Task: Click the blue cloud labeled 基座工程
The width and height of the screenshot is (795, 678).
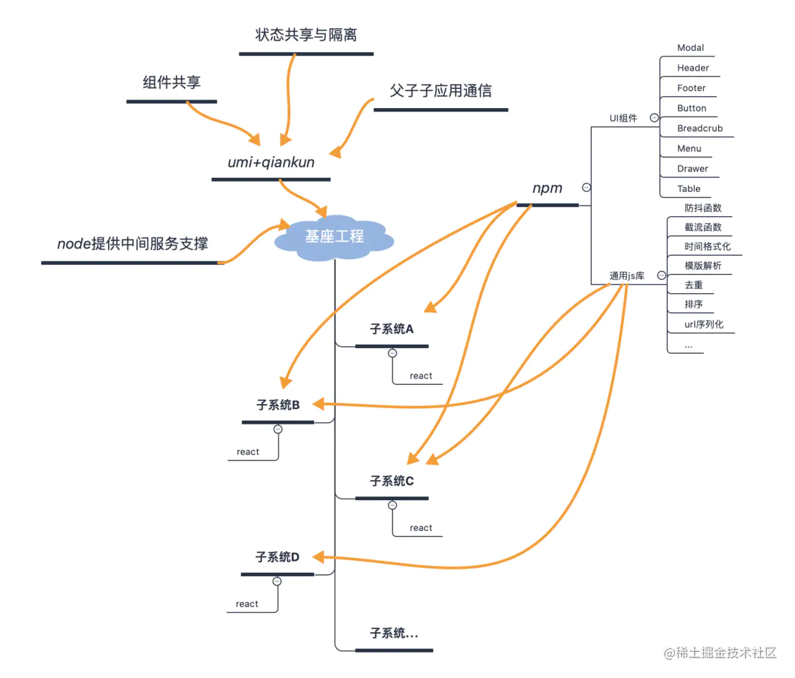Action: [334, 237]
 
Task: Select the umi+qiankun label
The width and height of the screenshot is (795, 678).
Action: [271, 162]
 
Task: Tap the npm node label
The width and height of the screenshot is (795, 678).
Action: [547, 189]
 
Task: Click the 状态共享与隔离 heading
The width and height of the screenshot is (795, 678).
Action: [306, 35]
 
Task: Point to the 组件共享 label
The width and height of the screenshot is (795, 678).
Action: [172, 82]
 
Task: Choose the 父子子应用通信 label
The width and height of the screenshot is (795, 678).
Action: [441, 91]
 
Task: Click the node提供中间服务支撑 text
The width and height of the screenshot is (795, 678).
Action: [132, 244]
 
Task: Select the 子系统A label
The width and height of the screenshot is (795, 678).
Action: [392, 329]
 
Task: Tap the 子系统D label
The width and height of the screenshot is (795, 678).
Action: [277, 557]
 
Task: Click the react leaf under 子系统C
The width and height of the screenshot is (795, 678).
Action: [421, 528]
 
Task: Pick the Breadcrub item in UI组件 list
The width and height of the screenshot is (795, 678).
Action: [700, 129]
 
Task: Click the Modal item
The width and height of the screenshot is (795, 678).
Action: [691, 47]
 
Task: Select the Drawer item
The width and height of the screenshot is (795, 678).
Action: [693, 169]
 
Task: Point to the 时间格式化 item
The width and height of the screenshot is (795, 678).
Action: [707, 246]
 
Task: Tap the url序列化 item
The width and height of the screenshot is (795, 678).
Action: [704, 325]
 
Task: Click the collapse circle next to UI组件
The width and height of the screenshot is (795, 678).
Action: [654, 118]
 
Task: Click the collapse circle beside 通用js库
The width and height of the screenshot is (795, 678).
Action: [661, 275]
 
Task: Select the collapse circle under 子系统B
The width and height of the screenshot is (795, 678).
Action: [278, 429]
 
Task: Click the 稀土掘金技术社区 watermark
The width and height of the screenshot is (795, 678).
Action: [720, 653]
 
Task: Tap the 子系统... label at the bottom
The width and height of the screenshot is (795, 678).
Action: [394, 634]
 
